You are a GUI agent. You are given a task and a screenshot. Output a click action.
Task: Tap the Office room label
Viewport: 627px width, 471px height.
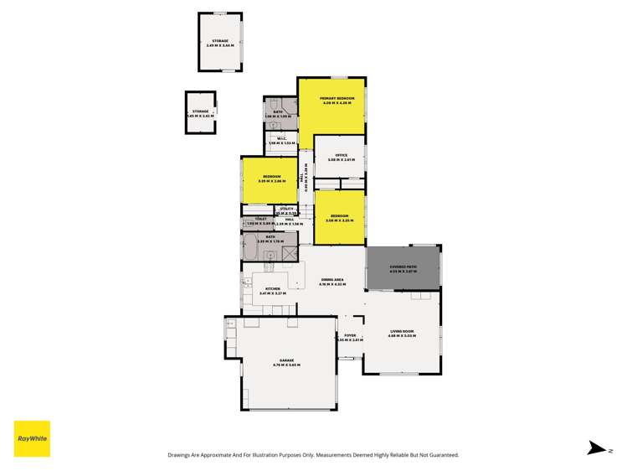pyautogui.click(x=341, y=155)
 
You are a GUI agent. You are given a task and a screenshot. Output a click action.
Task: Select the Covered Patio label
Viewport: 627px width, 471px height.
pyautogui.click(x=403, y=267)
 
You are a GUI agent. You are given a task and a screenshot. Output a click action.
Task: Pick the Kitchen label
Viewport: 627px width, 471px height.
pyautogui.click(x=273, y=290)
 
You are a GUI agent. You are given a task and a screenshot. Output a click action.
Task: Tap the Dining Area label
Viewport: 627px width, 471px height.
pyautogui.click(x=332, y=281)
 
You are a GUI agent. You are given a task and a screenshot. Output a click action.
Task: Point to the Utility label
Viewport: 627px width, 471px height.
pyautogui.click(x=287, y=209)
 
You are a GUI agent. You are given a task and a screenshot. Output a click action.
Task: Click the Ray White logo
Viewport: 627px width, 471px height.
pyautogui.click(x=32, y=438)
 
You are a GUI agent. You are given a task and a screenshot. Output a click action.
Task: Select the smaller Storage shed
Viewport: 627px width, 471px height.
pyautogui.click(x=200, y=112)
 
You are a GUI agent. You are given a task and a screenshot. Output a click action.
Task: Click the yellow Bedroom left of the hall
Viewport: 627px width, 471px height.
pyautogui.click(x=270, y=179)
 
